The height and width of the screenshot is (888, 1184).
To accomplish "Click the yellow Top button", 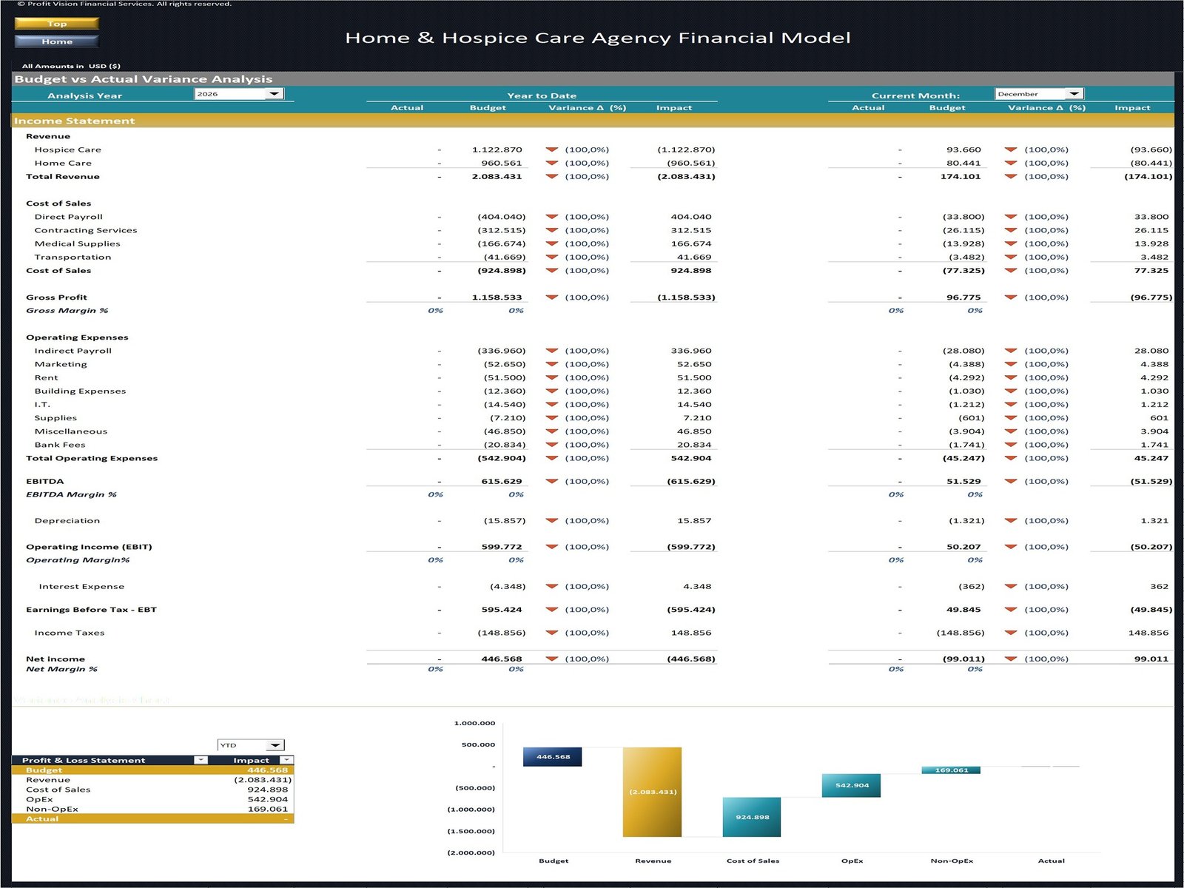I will click(x=57, y=24).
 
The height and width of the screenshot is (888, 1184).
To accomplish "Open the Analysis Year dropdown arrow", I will click(x=274, y=94).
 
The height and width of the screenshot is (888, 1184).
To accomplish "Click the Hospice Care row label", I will click(x=67, y=149).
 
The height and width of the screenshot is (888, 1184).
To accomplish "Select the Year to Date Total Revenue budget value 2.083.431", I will click(x=497, y=177).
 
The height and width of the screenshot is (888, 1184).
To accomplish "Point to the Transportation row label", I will click(x=73, y=258).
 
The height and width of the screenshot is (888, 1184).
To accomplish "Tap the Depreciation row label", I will click(x=67, y=521).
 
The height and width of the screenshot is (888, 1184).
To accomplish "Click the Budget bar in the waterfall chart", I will click(x=552, y=756).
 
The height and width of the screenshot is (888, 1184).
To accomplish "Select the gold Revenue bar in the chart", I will click(x=652, y=792).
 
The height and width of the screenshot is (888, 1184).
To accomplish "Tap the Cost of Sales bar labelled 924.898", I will click(x=752, y=817).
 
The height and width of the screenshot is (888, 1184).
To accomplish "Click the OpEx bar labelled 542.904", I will click(x=851, y=785).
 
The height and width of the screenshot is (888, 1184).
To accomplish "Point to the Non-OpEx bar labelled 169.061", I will click(x=951, y=770).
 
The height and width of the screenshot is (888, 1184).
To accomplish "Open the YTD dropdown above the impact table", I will click(x=275, y=745).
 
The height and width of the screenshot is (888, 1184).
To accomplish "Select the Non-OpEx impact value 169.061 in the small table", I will click(x=267, y=810).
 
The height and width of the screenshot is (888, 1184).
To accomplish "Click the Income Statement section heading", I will click(x=74, y=121).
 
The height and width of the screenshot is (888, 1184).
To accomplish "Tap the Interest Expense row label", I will click(x=81, y=587).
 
